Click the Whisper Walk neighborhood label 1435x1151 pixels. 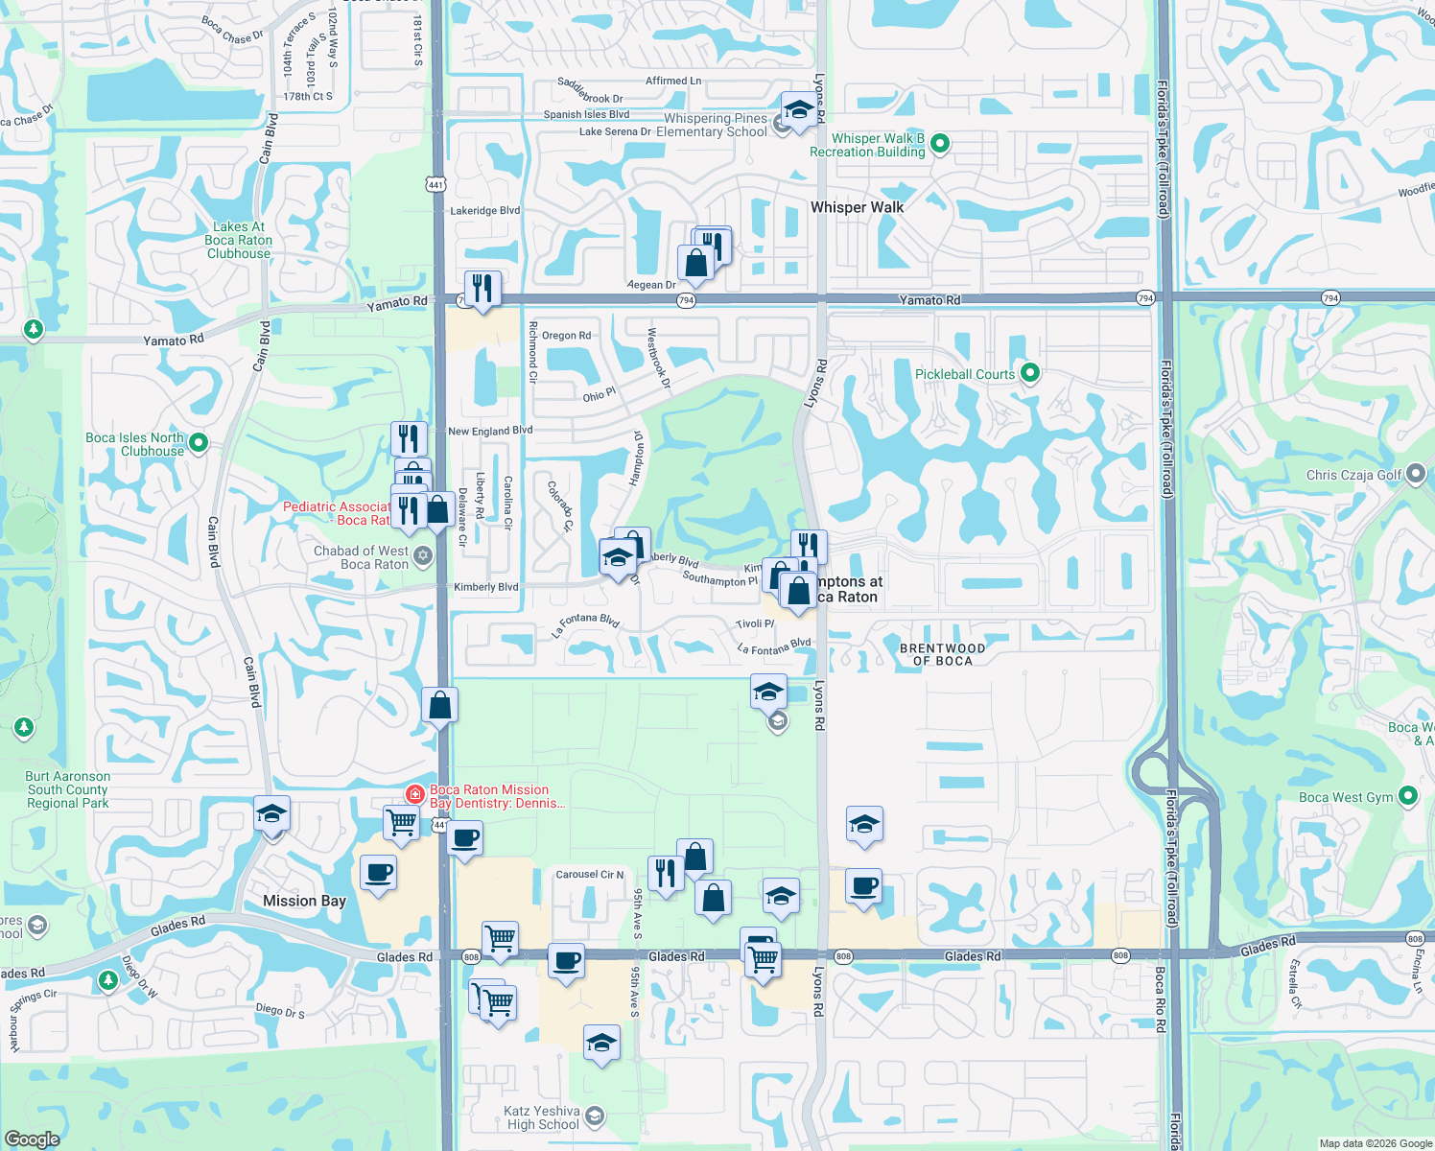857,207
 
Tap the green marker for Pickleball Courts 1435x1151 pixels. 1030,373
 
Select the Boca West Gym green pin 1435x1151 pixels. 1408,796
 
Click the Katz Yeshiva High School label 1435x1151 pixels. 543,1117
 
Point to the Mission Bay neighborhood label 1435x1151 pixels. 304,901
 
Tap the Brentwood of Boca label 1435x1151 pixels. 942,654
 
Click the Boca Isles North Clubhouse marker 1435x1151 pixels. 199,443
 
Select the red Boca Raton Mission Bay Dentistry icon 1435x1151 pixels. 415,793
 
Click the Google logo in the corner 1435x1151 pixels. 33,1139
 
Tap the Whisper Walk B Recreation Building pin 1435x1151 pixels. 940,144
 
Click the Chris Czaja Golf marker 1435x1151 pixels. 1416,475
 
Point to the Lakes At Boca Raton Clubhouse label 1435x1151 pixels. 238,241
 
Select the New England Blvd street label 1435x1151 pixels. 490,431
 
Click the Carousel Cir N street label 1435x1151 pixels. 590,875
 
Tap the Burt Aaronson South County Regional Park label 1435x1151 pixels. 68,789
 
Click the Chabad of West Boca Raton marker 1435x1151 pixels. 423,555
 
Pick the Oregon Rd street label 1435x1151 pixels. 566,336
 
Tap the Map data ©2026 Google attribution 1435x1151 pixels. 1376,1143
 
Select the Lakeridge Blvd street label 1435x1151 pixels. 485,210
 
